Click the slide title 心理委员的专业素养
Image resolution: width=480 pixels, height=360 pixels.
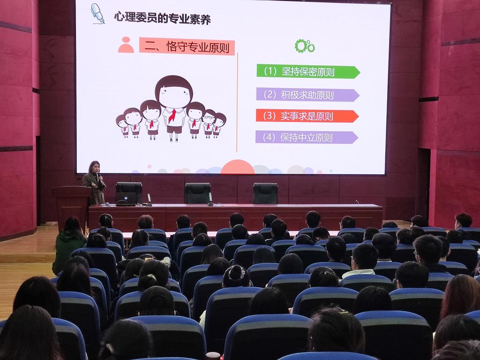click(x=162, y=18)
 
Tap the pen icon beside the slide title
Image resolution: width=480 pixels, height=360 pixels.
click(x=97, y=14)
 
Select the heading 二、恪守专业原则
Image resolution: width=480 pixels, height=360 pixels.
click(x=187, y=47)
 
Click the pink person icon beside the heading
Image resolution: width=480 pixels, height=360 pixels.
click(x=126, y=45)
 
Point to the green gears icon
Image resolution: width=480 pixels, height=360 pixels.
click(x=305, y=46)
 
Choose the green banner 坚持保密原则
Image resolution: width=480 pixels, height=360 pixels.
click(x=308, y=72)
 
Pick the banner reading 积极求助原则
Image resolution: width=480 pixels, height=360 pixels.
click(x=307, y=95)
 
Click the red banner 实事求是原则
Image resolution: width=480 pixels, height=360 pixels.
click(x=307, y=116)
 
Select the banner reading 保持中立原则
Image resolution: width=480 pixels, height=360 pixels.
click(x=307, y=137)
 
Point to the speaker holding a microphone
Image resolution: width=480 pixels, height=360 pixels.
click(x=95, y=183)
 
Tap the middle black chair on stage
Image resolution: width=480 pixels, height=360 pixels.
click(x=198, y=194)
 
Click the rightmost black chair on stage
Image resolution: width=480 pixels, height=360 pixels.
click(x=265, y=194)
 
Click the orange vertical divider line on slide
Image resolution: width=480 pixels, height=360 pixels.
click(x=237, y=102)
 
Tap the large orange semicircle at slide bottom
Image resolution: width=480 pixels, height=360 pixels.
click(x=238, y=167)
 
